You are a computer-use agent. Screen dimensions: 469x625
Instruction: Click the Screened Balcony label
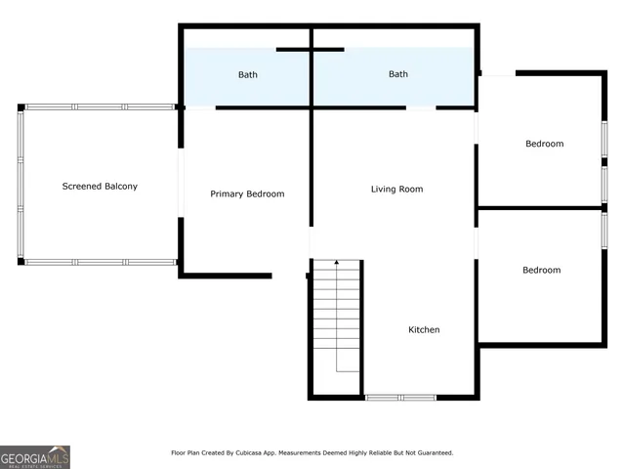click(x=100, y=186)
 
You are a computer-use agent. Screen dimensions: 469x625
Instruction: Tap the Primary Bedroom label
click(x=247, y=193)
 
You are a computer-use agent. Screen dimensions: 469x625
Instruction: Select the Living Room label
click(x=396, y=189)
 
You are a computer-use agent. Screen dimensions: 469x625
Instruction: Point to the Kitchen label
click(x=423, y=329)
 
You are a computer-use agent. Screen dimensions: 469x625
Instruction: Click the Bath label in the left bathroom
click(x=247, y=74)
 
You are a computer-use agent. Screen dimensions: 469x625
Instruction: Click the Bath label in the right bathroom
click(x=398, y=74)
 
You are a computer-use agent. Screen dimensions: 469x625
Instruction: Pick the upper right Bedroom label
click(x=544, y=144)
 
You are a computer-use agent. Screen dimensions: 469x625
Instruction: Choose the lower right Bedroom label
click(x=541, y=270)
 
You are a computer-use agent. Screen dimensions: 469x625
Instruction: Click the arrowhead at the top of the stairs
click(x=337, y=263)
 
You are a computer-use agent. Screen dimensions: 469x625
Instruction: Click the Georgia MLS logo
click(x=35, y=456)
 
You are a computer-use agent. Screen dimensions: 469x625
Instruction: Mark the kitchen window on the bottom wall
click(x=400, y=397)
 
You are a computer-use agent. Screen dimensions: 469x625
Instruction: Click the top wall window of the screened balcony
click(x=98, y=107)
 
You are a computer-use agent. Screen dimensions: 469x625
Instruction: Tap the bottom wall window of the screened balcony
click(x=98, y=262)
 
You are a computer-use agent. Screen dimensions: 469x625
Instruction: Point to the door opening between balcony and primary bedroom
click(x=181, y=183)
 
